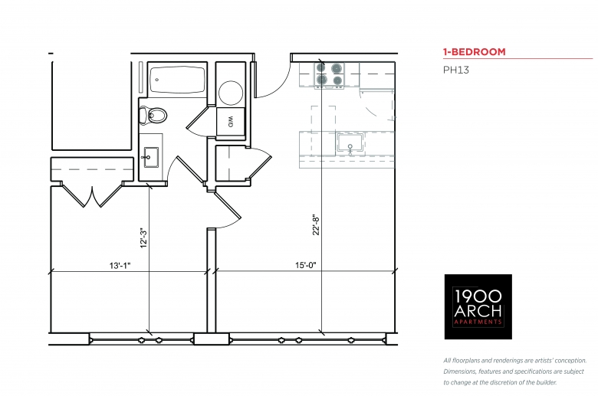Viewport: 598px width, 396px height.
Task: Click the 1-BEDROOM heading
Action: [474, 52]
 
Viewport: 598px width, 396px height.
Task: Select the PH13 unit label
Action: [455, 70]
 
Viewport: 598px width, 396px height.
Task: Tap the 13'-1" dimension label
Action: [120, 265]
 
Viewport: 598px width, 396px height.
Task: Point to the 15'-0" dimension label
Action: [306, 265]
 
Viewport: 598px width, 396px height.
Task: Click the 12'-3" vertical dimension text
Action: [143, 238]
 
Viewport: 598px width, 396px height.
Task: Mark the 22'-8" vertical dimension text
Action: [316, 225]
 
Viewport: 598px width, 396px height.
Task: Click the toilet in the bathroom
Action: [153, 115]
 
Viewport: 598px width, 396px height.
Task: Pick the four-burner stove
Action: [329, 75]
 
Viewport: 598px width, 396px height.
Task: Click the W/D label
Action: [231, 122]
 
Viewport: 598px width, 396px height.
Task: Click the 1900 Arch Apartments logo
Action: [478, 307]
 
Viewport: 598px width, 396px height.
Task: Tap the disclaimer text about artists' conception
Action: [515, 371]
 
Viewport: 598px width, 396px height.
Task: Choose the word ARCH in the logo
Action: [478, 311]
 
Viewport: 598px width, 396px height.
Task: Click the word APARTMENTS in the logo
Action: [478, 322]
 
